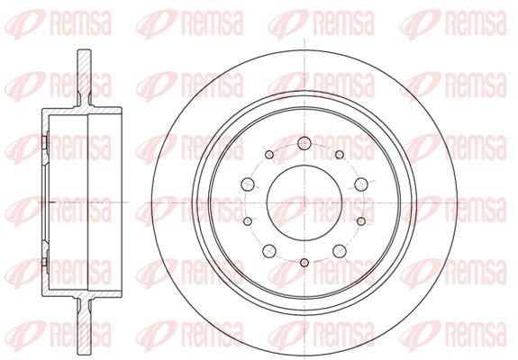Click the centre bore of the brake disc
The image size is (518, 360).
coord(304,202)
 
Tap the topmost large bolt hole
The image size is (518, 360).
coord(304,143)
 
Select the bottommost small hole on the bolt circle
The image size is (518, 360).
coord(304,263)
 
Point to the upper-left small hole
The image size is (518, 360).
coord(269,155)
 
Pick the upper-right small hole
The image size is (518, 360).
coord(340,155)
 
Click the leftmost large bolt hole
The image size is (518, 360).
coord(248,184)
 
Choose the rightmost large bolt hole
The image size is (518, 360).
coord(361,184)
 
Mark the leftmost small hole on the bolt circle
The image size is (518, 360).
coord(247,221)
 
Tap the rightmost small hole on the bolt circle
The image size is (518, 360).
coord(362,221)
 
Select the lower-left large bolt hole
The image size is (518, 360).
coord(269,251)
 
